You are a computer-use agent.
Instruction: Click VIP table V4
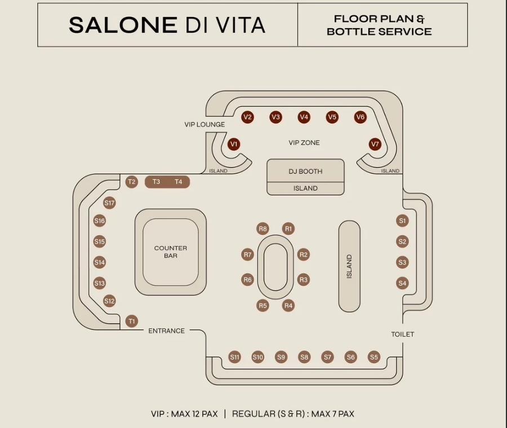pos(304,117)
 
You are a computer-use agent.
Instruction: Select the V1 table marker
pos(234,144)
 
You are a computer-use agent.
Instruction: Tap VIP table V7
pos(375,144)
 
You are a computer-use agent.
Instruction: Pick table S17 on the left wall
pos(109,203)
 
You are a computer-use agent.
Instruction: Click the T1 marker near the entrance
pos(132,321)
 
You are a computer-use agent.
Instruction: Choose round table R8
pos(263,229)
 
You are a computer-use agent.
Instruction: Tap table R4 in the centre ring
pos(288,306)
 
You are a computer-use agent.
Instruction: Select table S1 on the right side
pos(402,221)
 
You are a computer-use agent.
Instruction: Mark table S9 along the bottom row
pos(281,356)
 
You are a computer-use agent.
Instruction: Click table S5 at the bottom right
pos(374,356)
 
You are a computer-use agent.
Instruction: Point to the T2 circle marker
pos(132,181)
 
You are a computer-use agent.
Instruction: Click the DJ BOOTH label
pos(305,171)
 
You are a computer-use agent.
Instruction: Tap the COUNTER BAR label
pos(171,252)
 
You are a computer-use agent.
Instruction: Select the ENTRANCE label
pos(167,331)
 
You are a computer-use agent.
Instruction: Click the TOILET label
pos(403,334)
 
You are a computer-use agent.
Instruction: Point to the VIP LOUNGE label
pos(204,124)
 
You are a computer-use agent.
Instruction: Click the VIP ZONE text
pos(304,143)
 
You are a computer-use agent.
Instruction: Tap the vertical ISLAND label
pos(349,266)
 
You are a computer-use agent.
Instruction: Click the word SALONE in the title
pos(123,25)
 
